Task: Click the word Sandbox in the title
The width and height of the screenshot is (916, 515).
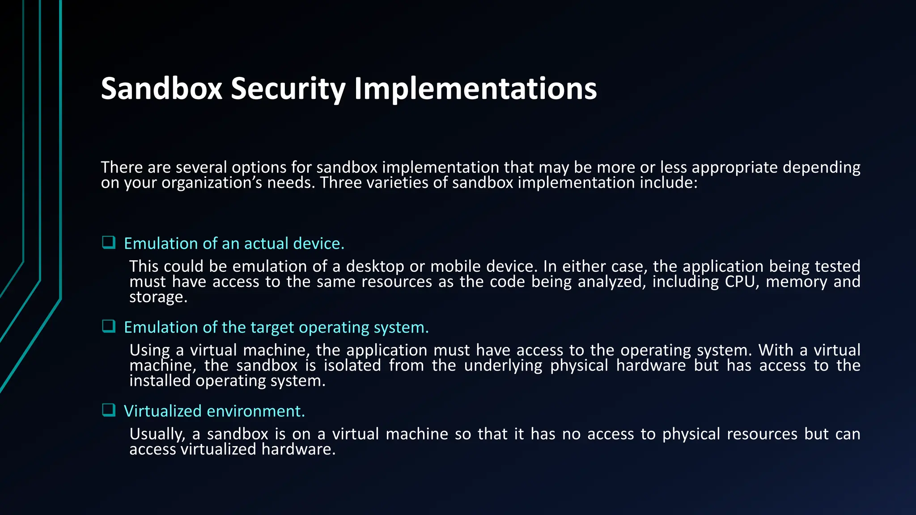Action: point(161,89)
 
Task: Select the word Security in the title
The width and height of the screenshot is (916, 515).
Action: point(288,89)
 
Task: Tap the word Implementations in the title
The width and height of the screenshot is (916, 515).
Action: point(475,89)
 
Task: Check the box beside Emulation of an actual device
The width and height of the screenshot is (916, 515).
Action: point(109,243)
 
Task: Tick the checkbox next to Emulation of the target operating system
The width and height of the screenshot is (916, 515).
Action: point(109,326)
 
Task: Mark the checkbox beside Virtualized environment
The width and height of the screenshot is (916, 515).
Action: point(109,410)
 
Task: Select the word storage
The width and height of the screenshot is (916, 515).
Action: point(158,297)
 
